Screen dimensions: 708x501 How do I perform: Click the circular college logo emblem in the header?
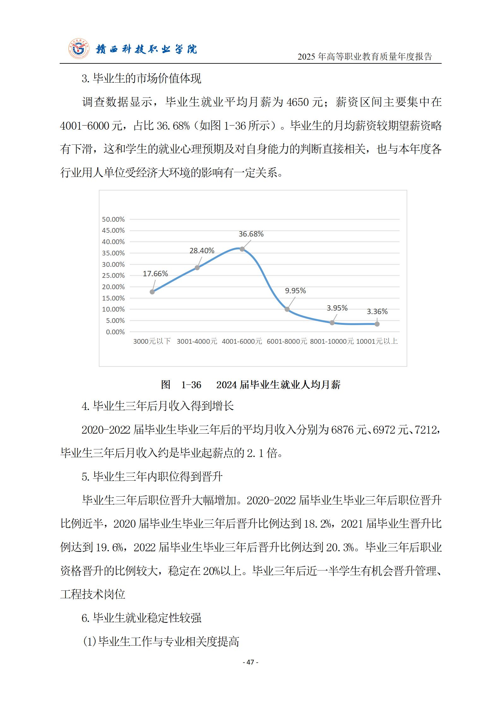pos(79,49)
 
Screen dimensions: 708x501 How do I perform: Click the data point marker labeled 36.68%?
pos(242,249)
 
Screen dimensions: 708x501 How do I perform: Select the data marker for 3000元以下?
pos(152,292)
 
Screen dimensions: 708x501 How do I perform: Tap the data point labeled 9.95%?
pos(287,309)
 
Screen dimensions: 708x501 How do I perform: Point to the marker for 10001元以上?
pos(377,324)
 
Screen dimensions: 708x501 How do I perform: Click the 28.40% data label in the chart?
pos(202,251)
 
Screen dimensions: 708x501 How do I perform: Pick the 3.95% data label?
pos(337,308)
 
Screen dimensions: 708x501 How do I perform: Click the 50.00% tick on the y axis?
pos(113,219)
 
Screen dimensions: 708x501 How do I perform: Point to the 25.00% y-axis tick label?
pos(113,275)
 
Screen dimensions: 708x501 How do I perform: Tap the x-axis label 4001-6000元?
pos(242,341)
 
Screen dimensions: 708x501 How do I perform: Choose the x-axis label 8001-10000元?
pos(331,341)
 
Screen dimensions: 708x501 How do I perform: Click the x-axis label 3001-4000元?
pos(197,341)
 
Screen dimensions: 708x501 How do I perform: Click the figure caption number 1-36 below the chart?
pos(191,385)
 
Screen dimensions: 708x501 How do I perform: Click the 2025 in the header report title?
pos(307,57)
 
